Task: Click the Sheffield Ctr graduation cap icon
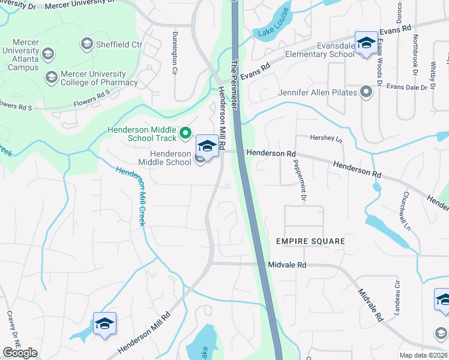pos(87,44)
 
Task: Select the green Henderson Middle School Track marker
pos(185,132)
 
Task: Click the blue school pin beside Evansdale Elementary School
pos(366,43)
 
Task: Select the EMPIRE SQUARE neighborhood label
pos(310,241)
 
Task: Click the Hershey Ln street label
pos(325,138)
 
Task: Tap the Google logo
pos(20,353)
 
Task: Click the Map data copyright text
pos(423,355)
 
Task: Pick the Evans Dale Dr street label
pos(411,87)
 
